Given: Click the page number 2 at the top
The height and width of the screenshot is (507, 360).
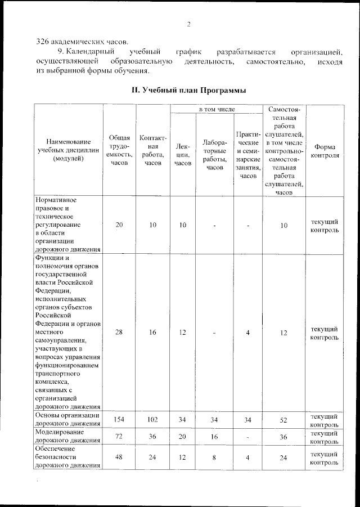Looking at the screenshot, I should click(x=188, y=24).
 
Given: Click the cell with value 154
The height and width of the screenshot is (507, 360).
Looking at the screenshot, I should click(x=119, y=420).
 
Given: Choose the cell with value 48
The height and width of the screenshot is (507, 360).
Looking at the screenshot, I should click(x=119, y=457).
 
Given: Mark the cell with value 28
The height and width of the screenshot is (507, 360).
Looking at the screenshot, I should click(x=119, y=333).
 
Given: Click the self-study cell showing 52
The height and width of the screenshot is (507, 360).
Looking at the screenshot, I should click(x=285, y=420).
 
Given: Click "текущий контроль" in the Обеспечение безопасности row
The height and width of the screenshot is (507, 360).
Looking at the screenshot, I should click(x=325, y=457).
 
